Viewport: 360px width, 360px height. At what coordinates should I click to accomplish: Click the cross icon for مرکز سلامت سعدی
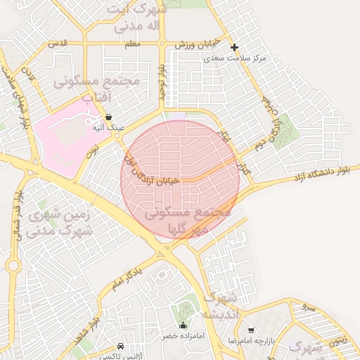[x=235, y=47]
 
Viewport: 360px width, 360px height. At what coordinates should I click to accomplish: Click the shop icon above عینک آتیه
[x=108, y=117]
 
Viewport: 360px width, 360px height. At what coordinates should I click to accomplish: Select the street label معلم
[x=131, y=44]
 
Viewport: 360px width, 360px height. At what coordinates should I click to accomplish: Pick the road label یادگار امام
[x=131, y=275]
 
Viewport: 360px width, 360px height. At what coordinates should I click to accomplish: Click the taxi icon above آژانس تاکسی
[x=121, y=346]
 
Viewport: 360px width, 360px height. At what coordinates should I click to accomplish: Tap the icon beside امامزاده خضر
[x=184, y=325]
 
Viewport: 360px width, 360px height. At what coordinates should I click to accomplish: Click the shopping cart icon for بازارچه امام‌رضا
[x=251, y=330]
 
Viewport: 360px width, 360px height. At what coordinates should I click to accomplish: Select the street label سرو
[x=307, y=307]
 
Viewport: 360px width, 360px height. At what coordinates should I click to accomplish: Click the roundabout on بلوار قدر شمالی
[x=13, y=265]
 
